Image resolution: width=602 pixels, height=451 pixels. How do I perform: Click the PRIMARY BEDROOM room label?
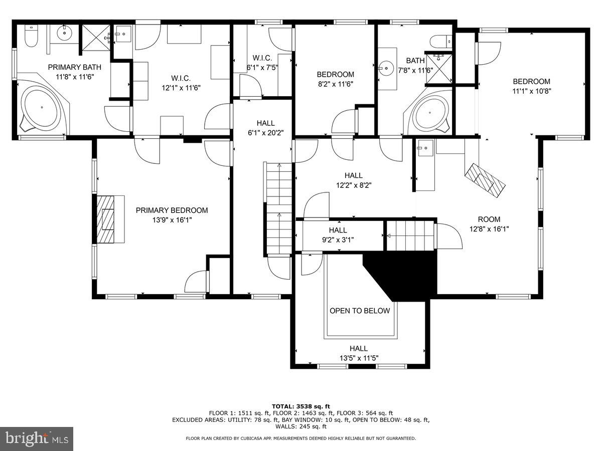pyautogui.click(x=172, y=210)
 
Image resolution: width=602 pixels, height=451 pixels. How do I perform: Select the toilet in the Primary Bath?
pyautogui.click(x=30, y=37)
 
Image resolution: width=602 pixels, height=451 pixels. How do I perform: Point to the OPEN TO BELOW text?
pyautogui.click(x=359, y=311)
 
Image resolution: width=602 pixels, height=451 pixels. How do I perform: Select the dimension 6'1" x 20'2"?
pyautogui.click(x=265, y=133)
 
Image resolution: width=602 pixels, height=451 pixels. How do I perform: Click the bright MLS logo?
pyautogui.click(x=37, y=438)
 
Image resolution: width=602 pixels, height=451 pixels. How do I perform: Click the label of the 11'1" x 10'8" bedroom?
pyautogui.click(x=531, y=82)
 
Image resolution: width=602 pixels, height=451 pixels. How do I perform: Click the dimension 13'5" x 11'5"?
pyautogui.click(x=358, y=358)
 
